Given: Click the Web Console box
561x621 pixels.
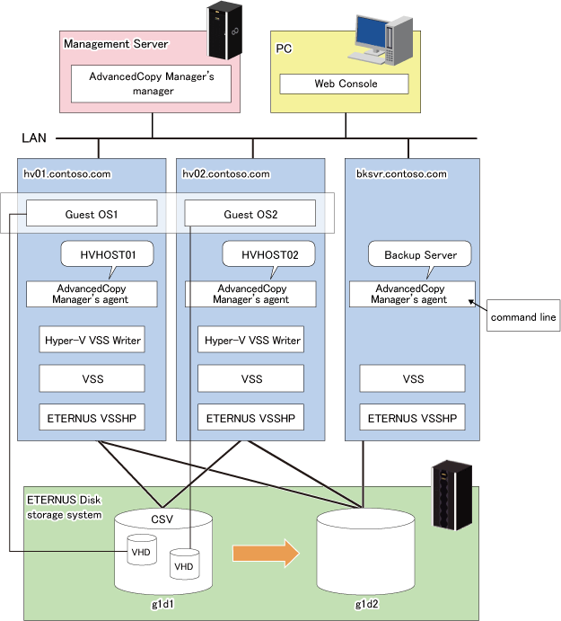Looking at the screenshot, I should point(346,84).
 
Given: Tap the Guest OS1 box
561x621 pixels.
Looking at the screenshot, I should point(92,214).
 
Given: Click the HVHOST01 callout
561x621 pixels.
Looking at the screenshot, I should point(107,255).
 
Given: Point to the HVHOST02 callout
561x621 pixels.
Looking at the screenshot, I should point(270,255).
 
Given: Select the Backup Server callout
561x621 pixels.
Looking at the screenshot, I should point(420,255).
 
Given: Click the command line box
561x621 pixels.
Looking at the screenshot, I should point(523,316).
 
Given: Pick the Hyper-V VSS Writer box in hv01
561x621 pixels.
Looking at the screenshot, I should point(92,341).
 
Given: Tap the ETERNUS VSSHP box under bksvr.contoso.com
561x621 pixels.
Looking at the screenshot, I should point(413,418).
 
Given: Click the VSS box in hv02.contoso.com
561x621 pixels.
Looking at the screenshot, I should point(251,379).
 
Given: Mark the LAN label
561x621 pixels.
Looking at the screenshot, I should point(34,138).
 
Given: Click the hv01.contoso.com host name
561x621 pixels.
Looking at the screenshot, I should point(66,173).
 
